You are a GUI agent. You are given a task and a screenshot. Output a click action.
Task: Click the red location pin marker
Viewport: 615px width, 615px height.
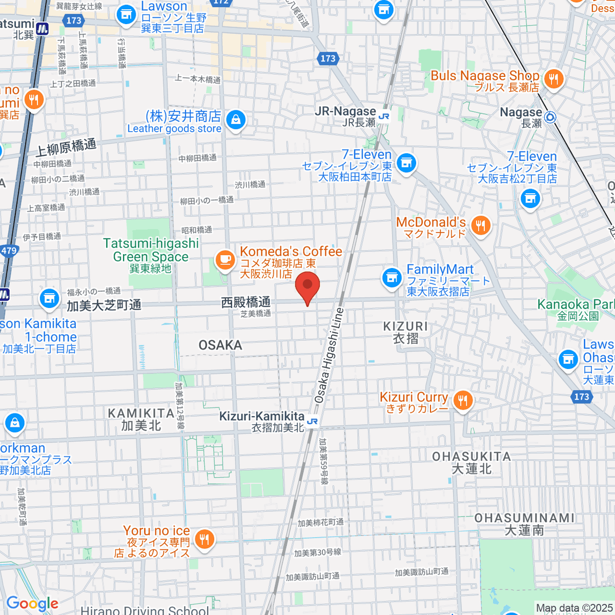coord(307,287)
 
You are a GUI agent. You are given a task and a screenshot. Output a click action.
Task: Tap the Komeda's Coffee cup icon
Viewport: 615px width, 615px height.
coord(224,259)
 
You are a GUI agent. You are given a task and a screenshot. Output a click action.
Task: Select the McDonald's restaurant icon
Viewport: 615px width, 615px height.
coord(480,225)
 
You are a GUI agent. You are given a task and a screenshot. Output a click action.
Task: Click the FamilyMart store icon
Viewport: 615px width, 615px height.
coord(392,278)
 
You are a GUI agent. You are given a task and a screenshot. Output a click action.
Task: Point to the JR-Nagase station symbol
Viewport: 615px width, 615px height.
coord(384,116)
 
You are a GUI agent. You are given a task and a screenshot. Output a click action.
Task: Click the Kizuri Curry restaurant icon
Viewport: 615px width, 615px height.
coord(463,400)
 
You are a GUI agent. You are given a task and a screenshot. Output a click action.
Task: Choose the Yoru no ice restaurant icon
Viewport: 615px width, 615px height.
coord(204,539)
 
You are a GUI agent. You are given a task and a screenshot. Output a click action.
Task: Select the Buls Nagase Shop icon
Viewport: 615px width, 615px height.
coord(553,79)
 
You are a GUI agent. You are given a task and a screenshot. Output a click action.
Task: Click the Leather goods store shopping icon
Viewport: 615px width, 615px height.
coord(235,120)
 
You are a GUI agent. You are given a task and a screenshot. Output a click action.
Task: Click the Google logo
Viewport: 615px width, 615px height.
coord(32,603)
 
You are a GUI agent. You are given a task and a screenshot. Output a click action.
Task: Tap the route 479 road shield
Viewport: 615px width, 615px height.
coord(9,251)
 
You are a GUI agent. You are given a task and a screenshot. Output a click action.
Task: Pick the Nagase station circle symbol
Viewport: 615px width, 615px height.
coord(550,117)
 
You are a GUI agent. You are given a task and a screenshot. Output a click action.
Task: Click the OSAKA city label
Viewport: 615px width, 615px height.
coord(220,345)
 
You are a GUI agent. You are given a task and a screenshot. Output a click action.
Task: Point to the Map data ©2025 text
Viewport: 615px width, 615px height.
coord(574,608)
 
